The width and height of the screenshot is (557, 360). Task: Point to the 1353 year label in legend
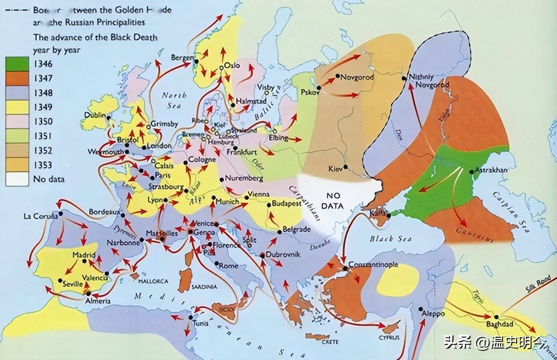pos(43,165)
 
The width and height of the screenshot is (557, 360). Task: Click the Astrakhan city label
pos(491,170)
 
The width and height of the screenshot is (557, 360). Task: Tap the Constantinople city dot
pos(345,268)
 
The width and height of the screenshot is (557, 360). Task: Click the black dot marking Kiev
pos(345,167)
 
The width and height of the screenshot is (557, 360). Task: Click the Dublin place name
pos(96,115)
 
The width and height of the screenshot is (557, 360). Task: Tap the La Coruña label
pos(41,216)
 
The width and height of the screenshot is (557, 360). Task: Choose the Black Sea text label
pos(388,239)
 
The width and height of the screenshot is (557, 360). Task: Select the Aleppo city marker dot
pos(421,309)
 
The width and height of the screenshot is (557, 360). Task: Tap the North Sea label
pos(174,100)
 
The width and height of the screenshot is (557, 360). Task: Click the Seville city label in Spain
pos(72,284)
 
